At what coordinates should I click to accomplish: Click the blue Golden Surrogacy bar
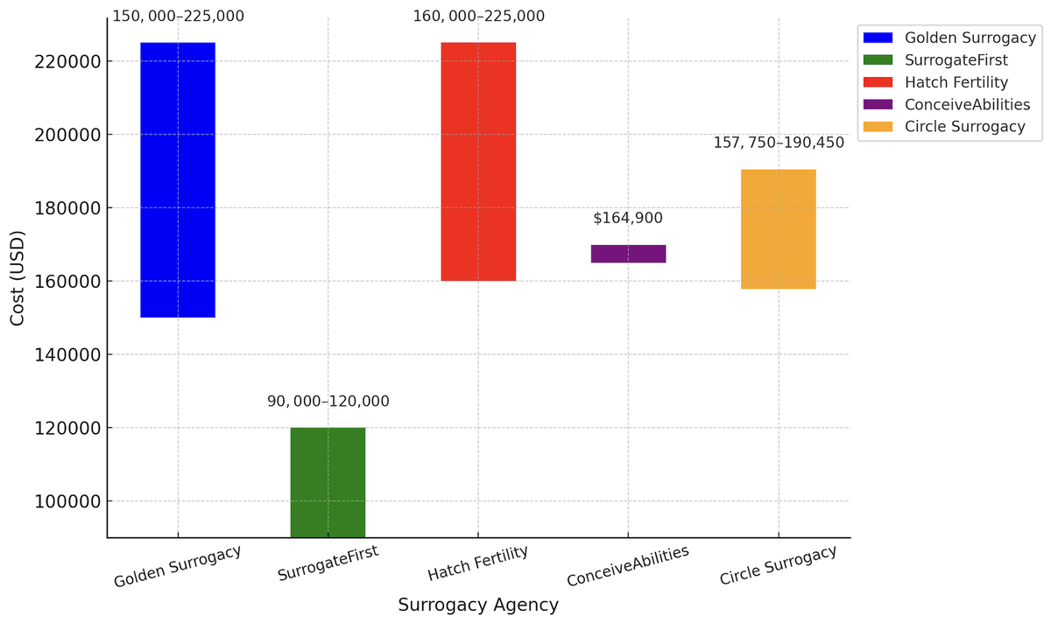pyautogui.click(x=178, y=179)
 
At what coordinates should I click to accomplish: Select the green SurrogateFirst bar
pyautogui.click(x=328, y=481)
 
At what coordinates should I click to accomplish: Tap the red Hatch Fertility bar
pyautogui.click(x=478, y=161)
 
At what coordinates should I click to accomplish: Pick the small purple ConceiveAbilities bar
pyautogui.click(x=628, y=254)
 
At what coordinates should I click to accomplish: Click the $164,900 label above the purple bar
pyautogui.click(x=628, y=218)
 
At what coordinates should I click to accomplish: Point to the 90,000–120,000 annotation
pyautogui.click(x=328, y=402)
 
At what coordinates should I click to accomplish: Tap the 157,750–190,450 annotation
pyautogui.click(x=778, y=143)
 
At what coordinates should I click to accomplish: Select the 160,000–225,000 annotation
pyautogui.click(x=478, y=16)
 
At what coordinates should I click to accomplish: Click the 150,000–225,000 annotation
pyautogui.click(x=178, y=16)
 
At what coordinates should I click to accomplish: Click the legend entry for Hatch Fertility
pyautogui.click(x=956, y=82)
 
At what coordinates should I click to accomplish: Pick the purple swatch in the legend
pyautogui.click(x=878, y=104)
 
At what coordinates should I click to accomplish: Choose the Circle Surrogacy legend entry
pyautogui.click(x=964, y=127)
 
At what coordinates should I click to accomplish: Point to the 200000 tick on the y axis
pyautogui.click(x=67, y=135)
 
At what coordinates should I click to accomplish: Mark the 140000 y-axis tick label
pyautogui.click(x=67, y=354)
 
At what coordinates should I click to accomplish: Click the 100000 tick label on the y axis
pyautogui.click(x=67, y=501)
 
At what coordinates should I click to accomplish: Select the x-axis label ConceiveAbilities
pyautogui.click(x=627, y=567)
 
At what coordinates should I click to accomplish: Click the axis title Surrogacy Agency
pyautogui.click(x=478, y=605)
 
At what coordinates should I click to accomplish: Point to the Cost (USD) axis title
pyautogui.click(x=18, y=278)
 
